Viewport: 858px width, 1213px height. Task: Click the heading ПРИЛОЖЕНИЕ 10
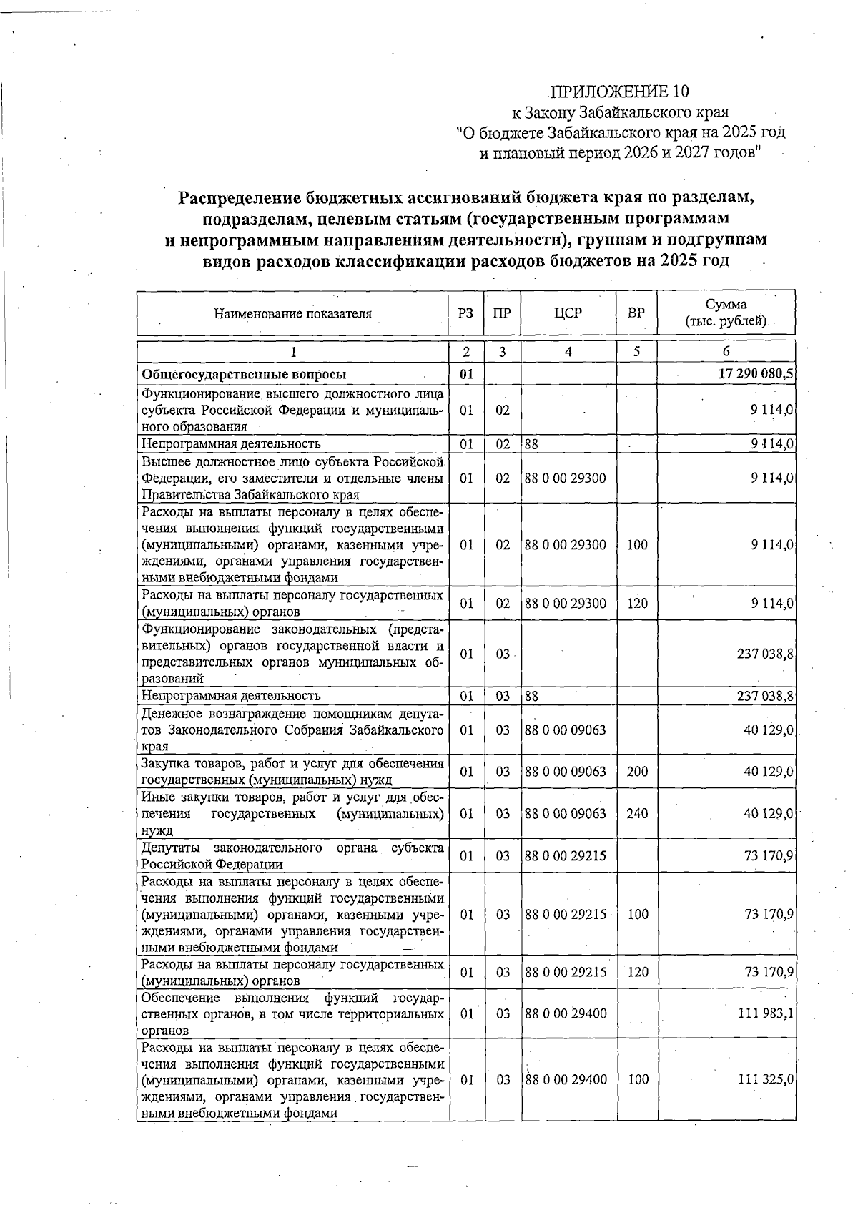tap(620, 92)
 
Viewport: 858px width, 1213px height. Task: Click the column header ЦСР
tap(568, 313)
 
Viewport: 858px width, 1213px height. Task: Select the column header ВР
tap(636, 313)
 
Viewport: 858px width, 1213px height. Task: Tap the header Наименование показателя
tap(292, 313)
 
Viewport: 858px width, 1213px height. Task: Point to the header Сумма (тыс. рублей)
tap(726, 313)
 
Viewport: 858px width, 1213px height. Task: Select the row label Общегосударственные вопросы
tap(244, 374)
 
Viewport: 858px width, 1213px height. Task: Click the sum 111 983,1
tap(766, 1014)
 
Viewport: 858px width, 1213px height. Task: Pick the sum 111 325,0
tap(766, 1079)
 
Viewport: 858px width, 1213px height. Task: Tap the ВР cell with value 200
tap(636, 771)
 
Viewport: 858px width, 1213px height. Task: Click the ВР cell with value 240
tap(636, 813)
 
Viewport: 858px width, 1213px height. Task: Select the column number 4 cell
tap(568, 352)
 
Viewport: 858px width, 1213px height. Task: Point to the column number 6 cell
tap(726, 352)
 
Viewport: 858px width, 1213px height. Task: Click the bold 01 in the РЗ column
tap(466, 374)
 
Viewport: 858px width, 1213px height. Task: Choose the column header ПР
tap(503, 313)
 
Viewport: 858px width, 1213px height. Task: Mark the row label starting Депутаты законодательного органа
tap(292, 855)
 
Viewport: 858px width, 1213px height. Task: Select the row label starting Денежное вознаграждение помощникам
tap(292, 730)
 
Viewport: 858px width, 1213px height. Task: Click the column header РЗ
tap(466, 313)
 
